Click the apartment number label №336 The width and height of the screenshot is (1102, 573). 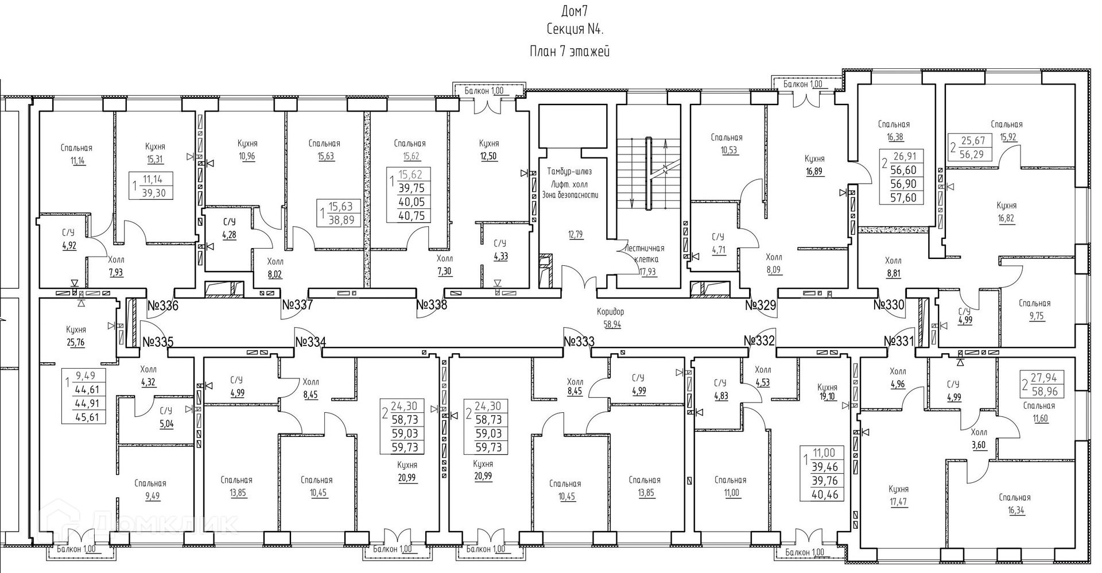(x=163, y=305)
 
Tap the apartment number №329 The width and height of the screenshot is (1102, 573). (x=760, y=305)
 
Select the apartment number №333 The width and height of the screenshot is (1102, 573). (x=579, y=342)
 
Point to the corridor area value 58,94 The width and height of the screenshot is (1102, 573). (x=612, y=324)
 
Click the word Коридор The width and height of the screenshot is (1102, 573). (x=610, y=312)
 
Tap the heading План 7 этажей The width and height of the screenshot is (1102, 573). (x=569, y=51)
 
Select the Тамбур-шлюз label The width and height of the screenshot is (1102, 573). (x=569, y=171)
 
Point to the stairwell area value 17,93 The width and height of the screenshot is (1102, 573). (x=647, y=272)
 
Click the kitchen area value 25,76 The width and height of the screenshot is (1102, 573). (x=76, y=343)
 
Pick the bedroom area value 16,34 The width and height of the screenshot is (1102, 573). (x=1015, y=510)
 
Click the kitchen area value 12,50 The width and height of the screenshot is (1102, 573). (x=488, y=156)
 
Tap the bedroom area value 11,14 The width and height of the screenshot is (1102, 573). (x=77, y=161)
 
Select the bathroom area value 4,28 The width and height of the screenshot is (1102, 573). (x=229, y=234)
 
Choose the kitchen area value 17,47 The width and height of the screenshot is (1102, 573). (x=898, y=502)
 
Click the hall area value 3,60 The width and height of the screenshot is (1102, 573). (x=979, y=445)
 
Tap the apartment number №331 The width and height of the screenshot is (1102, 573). (x=899, y=342)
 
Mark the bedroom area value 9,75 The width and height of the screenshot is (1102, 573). (x=1037, y=316)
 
